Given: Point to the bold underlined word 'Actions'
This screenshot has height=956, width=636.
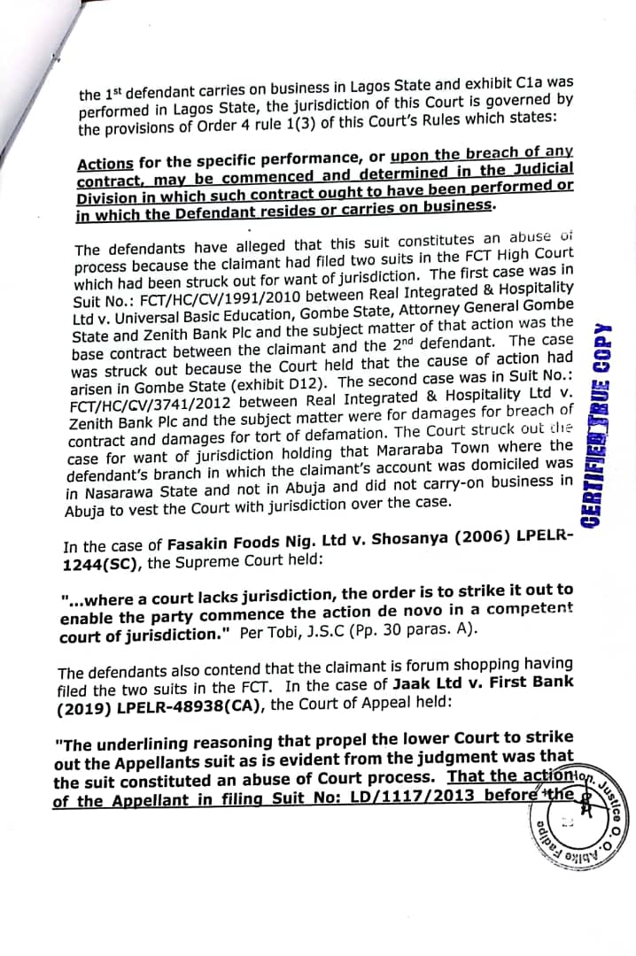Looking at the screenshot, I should [x=105, y=164].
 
